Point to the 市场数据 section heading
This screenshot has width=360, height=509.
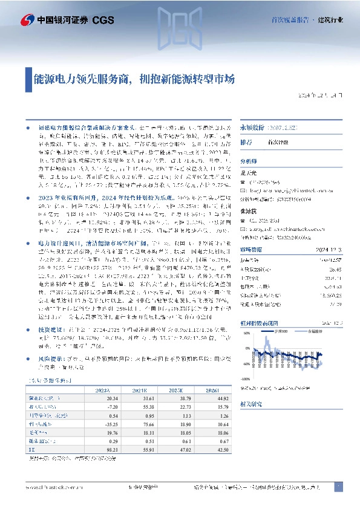250,267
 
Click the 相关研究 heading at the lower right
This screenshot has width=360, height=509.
251,418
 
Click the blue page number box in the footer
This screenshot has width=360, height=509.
338,487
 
